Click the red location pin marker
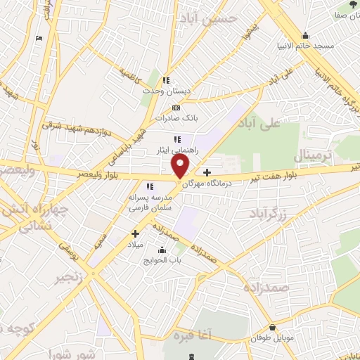click(181, 166)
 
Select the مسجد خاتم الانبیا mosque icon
click(305, 36)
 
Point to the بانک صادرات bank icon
click(176, 108)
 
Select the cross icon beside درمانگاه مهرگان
click(206, 172)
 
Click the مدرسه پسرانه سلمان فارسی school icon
click(149, 186)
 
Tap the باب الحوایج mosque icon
click(162, 250)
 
